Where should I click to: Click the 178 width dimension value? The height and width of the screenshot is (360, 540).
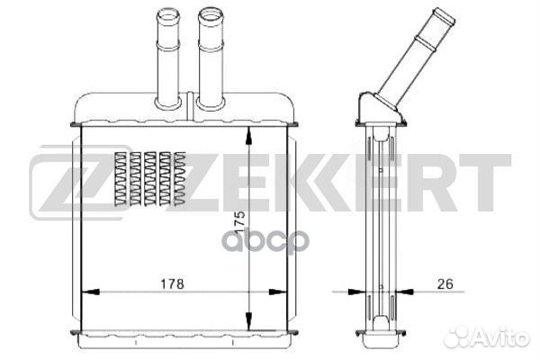tap(172, 283)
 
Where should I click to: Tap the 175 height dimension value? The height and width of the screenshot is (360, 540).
tap(239, 223)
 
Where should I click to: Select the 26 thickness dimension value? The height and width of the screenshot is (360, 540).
tap(445, 283)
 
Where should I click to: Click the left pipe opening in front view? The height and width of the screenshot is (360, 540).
tap(168, 14)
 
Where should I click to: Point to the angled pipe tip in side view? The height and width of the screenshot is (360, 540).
tap(445, 16)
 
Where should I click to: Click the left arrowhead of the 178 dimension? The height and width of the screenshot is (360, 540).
tap(90, 292)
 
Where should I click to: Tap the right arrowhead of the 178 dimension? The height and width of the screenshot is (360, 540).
tap(277, 292)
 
